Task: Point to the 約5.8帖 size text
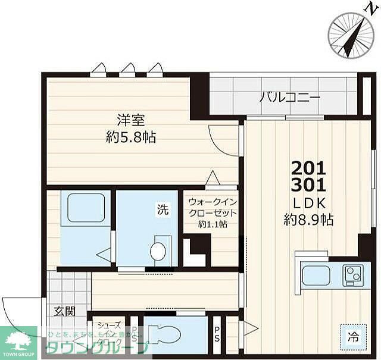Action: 131,137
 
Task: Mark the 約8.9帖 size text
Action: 308,220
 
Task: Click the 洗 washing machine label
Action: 162,209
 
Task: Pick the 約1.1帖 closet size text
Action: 213,224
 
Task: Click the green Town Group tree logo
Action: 18,341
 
